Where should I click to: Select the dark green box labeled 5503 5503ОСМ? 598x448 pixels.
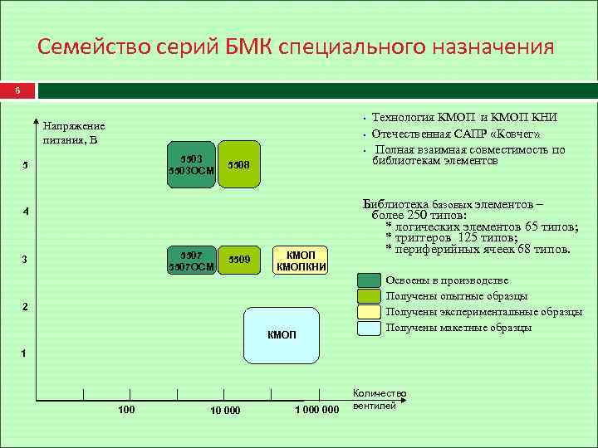[190, 164]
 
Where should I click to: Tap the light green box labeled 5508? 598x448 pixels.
[239, 164]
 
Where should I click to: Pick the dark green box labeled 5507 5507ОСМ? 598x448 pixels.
[190, 259]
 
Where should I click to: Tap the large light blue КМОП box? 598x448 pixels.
[282, 334]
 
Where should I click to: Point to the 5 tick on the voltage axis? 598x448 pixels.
[25, 165]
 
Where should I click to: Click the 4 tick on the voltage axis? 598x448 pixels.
[25, 212]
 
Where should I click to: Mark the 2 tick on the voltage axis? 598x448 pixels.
[25, 307]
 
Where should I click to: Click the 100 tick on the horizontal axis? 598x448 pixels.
[126, 410]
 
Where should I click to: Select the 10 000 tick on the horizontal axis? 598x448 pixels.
[224, 410]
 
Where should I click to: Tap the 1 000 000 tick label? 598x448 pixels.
[317, 410]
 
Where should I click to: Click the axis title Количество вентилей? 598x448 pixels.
[379, 399]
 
